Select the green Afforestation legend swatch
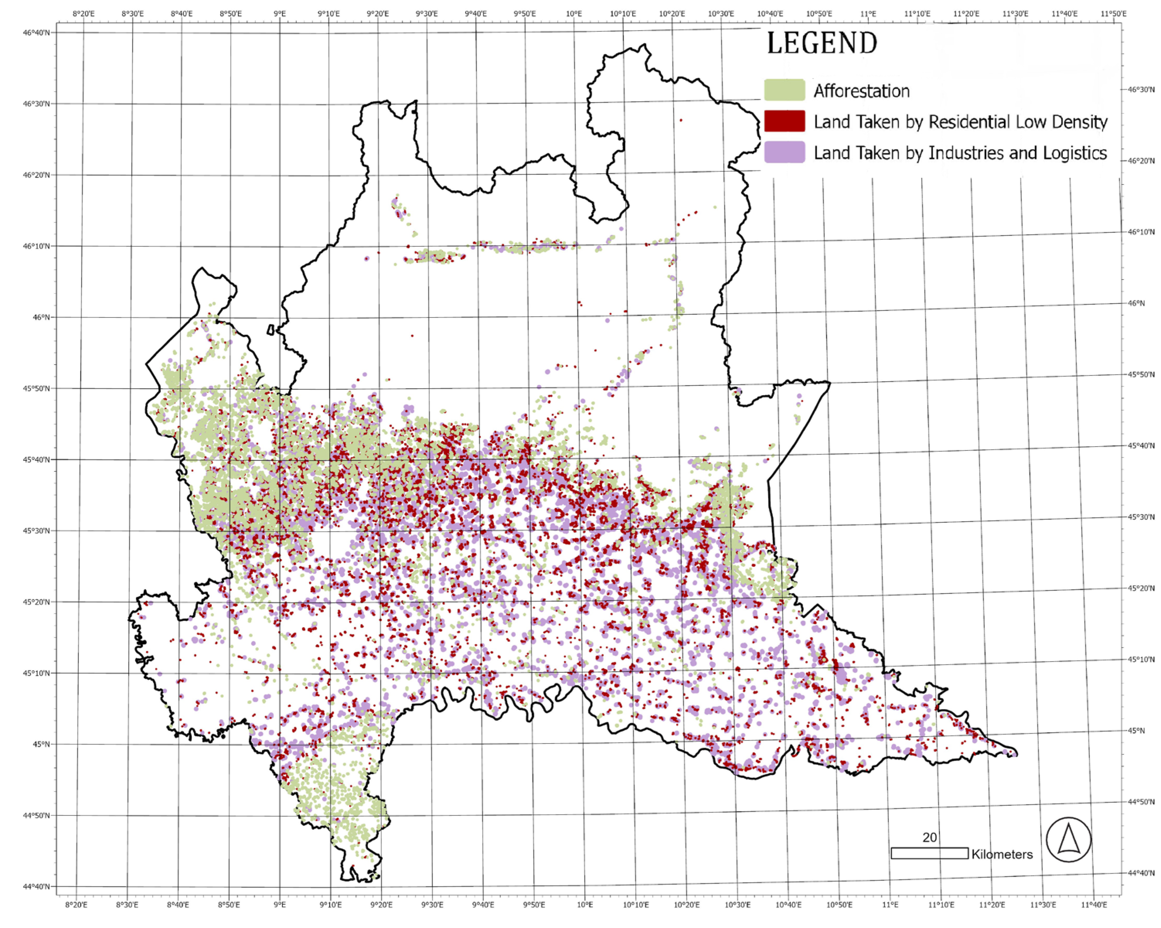pyautogui.click(x=785, y=90)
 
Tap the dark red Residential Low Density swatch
pyautogui.click(x=785, y=121)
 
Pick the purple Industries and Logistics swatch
pyautogui.click(x=785, y=152)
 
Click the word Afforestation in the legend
pyautogui.click(x=861, y=91)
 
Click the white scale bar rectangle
pyautogui.click(x=929, y=853)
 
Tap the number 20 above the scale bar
pyautogui.click(x=929, y=838)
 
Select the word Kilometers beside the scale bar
pyautogui.click(x=1002, y=854)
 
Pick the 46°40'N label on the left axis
pyautogui.click(x=36, y=32)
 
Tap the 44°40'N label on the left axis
pyautogui.click(x=36, y=887)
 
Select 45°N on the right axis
pyautogui.click(x=1137, y=730)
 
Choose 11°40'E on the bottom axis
pyautogui.click(x=1094, y=904)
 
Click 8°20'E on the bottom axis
pyautogui.click(x=76, y=904)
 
